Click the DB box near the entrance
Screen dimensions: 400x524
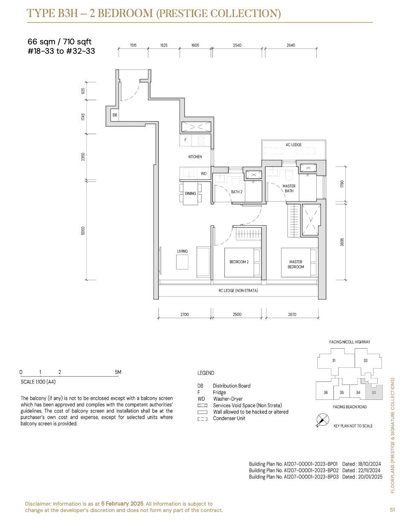(115, 115)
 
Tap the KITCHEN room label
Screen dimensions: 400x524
(195, 157)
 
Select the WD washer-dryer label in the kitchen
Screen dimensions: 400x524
(203, 174)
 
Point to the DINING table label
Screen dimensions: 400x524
(190, 193)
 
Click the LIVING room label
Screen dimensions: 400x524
(182, 251)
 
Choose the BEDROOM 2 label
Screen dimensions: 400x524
(239, 262)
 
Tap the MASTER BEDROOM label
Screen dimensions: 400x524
(296, 264)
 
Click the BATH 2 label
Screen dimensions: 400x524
(236, 192)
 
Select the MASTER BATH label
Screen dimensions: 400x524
(289, 188)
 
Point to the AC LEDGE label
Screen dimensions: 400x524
(293, 145)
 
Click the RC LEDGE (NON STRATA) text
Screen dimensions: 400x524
(238, 291)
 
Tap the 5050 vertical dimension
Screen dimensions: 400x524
(83, 230)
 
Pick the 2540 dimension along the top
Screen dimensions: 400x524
(237, 45)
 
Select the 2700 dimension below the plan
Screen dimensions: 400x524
(184, 314)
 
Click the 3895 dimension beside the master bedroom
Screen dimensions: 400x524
(342, 242)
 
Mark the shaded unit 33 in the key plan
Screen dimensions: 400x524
(374, 392)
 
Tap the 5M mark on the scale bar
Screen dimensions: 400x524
(118, 372)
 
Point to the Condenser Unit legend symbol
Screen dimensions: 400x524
(202, 419)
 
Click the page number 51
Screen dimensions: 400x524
(392, 509)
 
